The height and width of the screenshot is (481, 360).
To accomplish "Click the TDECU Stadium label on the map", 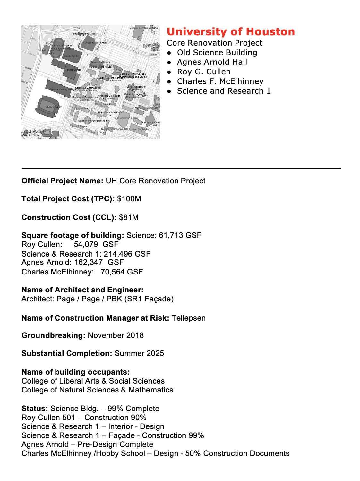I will [x=53, y=107].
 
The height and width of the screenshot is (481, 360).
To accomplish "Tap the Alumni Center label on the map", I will [x=71, y=56].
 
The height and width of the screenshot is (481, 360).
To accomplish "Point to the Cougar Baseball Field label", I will [x=95, y=42].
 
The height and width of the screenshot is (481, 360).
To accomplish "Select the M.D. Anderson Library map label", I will [x=126, y=118].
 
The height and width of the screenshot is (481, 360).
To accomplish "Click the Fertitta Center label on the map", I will [x=73, y=70].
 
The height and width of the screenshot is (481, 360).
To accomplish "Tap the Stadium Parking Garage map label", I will [x=63, y=89].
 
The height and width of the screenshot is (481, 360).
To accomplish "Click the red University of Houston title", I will [x=231, y=32].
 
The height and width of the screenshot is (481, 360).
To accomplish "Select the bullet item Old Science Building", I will [x=217, y=53].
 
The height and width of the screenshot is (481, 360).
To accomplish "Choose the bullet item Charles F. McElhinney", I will [x=220, y=81].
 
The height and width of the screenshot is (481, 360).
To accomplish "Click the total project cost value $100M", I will [x=129, y=199].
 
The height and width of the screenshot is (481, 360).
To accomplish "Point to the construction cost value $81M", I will [x=129, y=217].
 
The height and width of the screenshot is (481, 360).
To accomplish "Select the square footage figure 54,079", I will [x=86, y=244].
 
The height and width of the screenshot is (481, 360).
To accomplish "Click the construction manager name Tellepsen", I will [x=189, y=318].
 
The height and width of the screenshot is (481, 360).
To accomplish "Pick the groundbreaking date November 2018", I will [x=116, y=335].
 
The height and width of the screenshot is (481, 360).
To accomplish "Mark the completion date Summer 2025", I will [x=139, y=353].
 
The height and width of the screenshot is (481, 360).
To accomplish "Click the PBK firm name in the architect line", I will [x=114, y=299].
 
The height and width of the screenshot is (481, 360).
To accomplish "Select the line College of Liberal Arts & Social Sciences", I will [x=93, y=381].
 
